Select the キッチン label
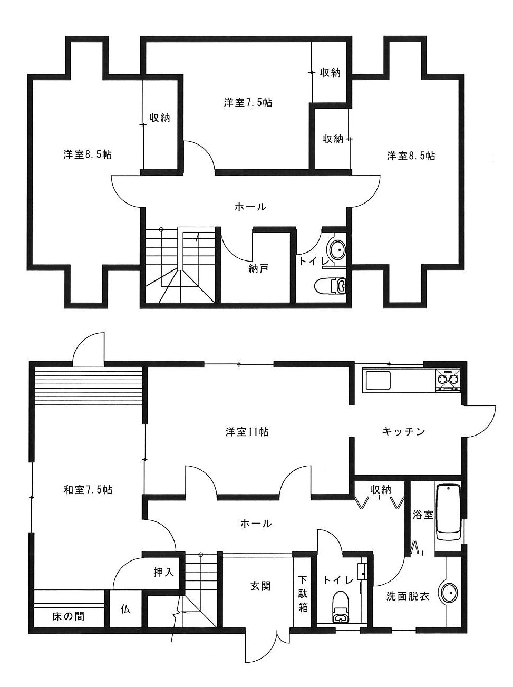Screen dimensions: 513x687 click(403, 432)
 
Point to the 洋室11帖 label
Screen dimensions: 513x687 click(247, 432)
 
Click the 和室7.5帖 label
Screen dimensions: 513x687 click(88, 489)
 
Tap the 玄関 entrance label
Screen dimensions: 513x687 click(260, 585)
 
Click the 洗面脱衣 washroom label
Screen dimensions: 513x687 click(407, 596)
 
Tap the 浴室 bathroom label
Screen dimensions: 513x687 click(422, 515)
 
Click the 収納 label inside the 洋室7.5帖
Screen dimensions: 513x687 click(330, 73)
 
